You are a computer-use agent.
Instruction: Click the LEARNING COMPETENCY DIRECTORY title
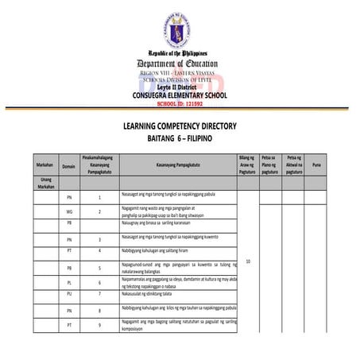coord(180,126)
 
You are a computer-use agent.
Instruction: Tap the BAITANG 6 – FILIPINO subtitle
coord(180,137)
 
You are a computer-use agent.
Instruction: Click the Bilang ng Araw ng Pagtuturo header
coord(246,165)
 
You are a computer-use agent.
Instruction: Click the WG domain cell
coord(69,211)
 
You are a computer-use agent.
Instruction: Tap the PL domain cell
coord(69,282)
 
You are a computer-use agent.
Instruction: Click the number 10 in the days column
coord(248,260)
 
